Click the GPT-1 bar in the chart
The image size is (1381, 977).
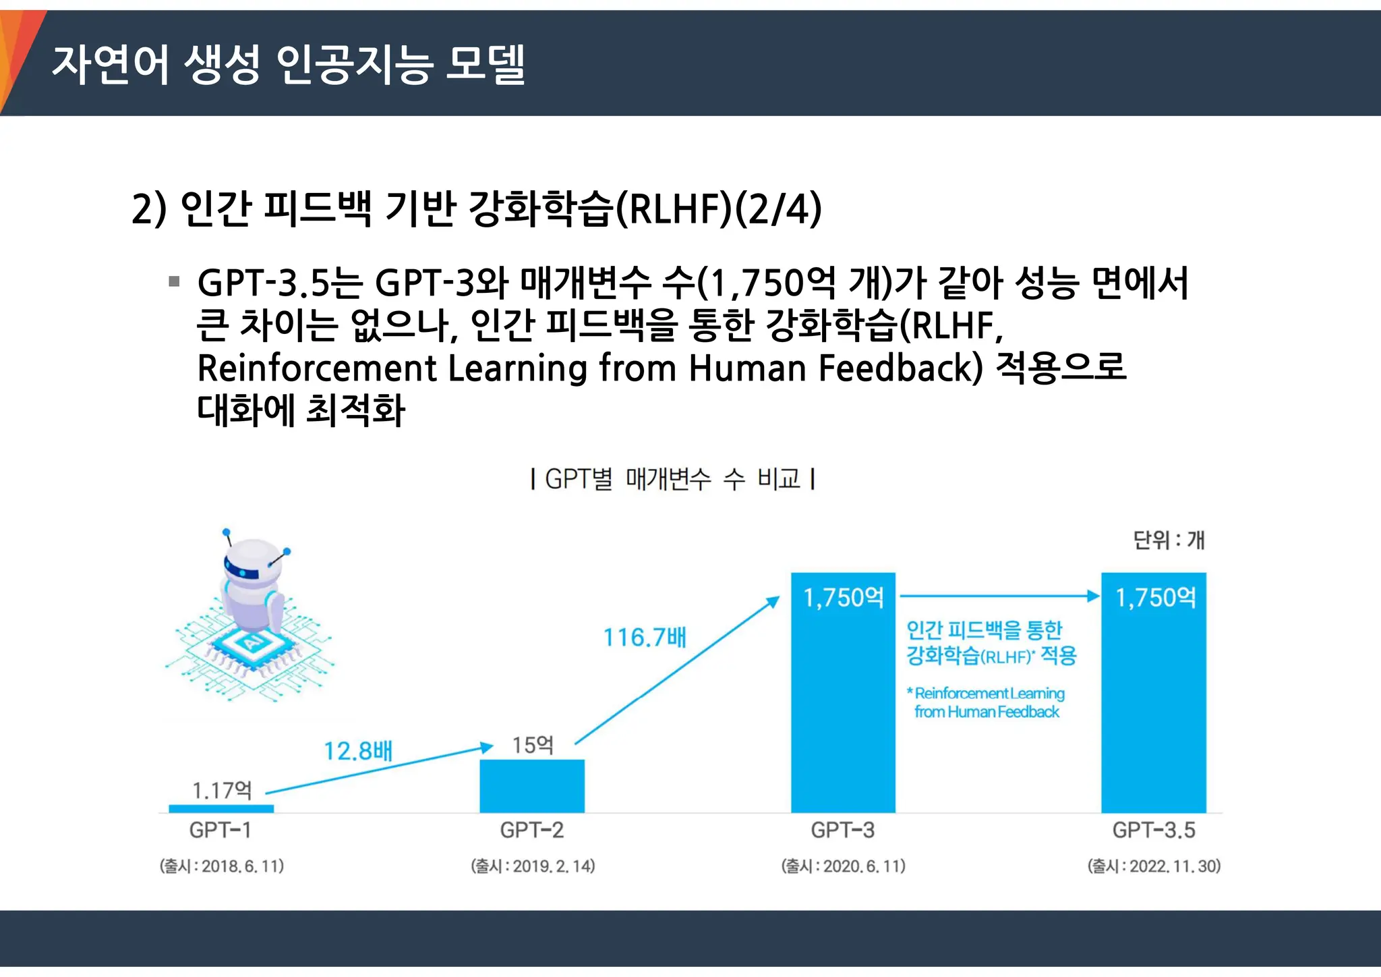pyautogui.click(x=221, y=808)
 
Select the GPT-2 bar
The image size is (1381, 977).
pyautogui.click(x=532, y=786)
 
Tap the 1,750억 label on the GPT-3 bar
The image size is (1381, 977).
pyautogui.click(x=843, y=598)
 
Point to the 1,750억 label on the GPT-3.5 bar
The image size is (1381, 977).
pyautogui.click(x=1155, y=598)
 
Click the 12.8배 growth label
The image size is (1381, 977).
pyautogui.click(x=357, y=751)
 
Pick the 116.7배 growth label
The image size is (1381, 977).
pyautogui.click(x=644, y=638)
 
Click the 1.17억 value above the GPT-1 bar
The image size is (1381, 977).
pyautogui.click(x=222, y=790)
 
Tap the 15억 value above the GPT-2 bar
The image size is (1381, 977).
pyautogui.click(x=532, y=745)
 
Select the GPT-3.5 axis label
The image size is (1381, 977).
pyautogui.click(x=1154, y=830)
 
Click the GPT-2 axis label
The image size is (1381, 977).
pyautogui.click(x=531, y=830)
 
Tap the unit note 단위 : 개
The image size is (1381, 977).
pyautogui.click(x=1168, y=540)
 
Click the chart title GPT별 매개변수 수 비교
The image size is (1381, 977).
pyautogui.click(x=672, y=479)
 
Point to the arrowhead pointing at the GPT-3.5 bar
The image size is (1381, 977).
pyautogui.click(x=1093, y=596)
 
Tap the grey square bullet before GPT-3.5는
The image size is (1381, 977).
pyautogui.click(x=174, y=281)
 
